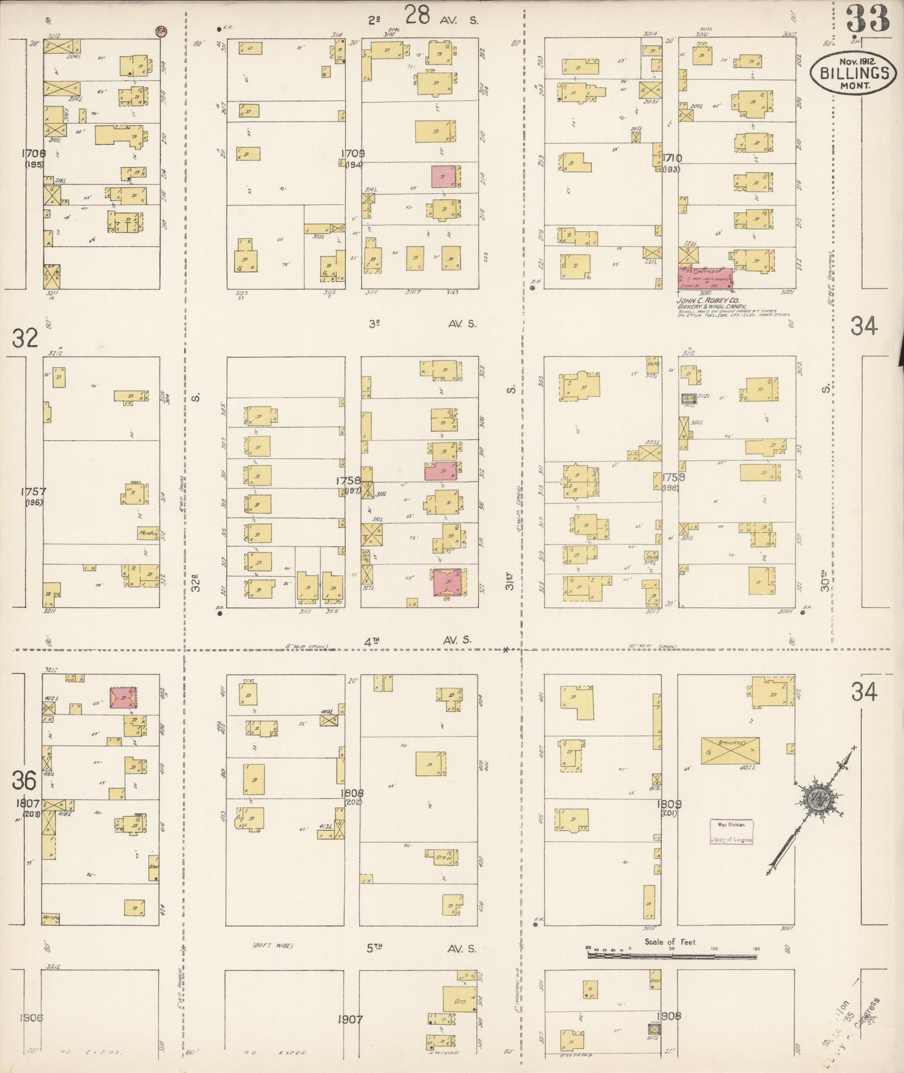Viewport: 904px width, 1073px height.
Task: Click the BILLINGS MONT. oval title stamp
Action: pos(853,73)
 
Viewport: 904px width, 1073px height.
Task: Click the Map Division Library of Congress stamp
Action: pos(731,832)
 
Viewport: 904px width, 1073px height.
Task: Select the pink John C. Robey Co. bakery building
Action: pos(706,279)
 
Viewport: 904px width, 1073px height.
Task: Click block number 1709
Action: pos(353,153)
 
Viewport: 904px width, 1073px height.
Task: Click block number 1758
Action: pos(348,481)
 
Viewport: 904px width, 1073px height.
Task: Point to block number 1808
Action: pos(352,793)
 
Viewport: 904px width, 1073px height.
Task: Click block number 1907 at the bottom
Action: pos(350,1020)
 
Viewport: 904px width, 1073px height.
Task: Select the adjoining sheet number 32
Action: pos(25,338)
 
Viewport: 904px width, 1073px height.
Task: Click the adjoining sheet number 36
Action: pos(24,781)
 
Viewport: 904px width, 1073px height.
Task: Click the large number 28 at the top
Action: pos(417,15)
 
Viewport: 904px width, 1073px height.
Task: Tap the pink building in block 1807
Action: pos(123,697)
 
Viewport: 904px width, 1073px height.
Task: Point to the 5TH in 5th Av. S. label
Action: pos(374,948)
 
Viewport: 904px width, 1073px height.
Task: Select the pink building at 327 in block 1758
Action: pos(446,582)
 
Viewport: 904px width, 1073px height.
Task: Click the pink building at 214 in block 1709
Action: pos(444,177)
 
